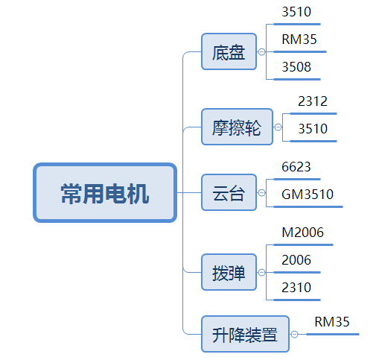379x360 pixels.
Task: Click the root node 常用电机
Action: (x=105, y=193)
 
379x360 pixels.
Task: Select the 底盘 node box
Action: (x=229, y=51)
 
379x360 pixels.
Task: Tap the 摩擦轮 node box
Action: (x=237, y=127)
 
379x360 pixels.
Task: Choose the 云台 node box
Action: (x=229, y=192)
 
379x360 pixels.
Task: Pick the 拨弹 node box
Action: (x=229, y=272)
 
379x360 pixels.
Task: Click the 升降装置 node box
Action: (x=245, y=334)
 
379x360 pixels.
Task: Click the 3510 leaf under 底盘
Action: (x=296, y=12)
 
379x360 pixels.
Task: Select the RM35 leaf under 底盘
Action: (x=299, y=40)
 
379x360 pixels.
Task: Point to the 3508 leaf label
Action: (x=296, y=67)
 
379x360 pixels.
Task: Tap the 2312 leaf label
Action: (x=313, y=101)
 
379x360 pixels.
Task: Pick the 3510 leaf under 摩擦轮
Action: (x=313, y=129)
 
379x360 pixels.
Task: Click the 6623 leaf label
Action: (x=296, y=167)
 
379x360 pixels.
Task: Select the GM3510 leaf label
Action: (x=308, y=195)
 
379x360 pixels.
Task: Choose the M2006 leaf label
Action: (x=302, y=233)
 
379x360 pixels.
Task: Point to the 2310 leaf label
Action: (x=296, y=288)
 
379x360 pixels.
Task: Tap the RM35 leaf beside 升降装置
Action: (x=332, y=322)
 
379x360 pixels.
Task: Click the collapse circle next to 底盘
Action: (x=261, y=51)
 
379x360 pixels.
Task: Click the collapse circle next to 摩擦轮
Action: (x=278, y=127)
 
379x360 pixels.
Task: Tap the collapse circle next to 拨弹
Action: (x=261, y=272)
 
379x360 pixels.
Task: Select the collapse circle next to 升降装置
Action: (x=294, y=334)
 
